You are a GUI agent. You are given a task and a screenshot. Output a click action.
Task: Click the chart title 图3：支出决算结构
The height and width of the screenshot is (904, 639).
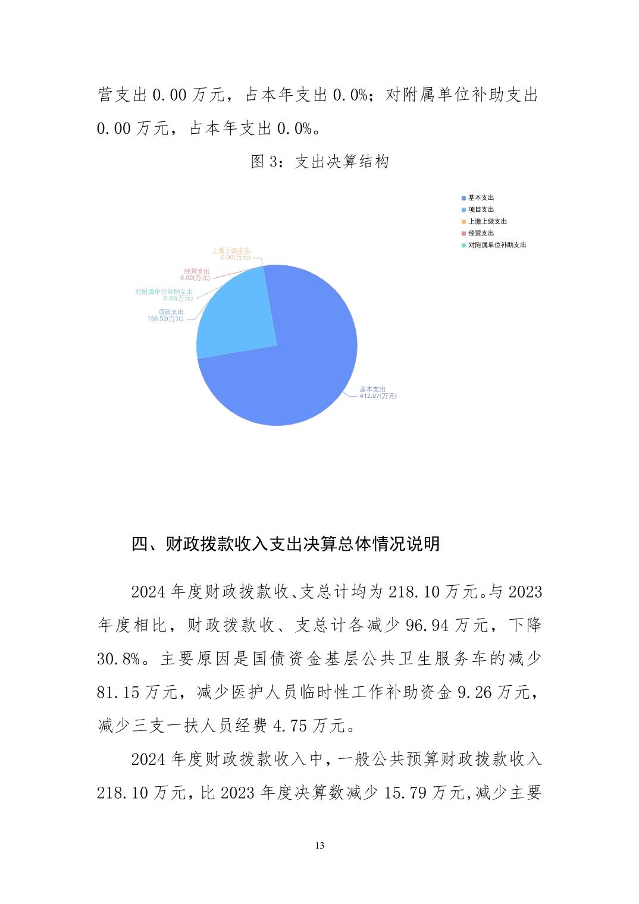319,162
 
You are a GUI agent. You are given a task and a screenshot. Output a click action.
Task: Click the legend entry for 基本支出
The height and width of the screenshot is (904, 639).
481,197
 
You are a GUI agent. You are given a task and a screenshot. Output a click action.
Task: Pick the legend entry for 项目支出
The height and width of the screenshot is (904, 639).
481,209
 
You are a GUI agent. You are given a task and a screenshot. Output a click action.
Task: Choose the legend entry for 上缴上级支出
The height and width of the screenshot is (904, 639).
487,221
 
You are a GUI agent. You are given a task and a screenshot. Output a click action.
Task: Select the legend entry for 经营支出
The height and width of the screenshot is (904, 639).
481,233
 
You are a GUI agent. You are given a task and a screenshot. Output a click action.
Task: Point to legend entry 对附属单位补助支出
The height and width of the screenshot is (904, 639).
497,245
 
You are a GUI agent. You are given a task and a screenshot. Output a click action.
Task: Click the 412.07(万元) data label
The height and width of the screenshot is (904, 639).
378,396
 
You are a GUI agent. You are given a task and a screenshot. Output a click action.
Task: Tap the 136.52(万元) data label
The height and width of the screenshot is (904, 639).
165,319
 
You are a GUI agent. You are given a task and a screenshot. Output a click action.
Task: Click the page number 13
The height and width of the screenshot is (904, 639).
319,846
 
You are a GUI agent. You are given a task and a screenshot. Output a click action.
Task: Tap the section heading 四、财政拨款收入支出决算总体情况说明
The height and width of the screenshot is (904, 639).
286,544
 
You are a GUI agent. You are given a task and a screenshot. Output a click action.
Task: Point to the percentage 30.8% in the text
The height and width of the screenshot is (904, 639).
119,659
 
